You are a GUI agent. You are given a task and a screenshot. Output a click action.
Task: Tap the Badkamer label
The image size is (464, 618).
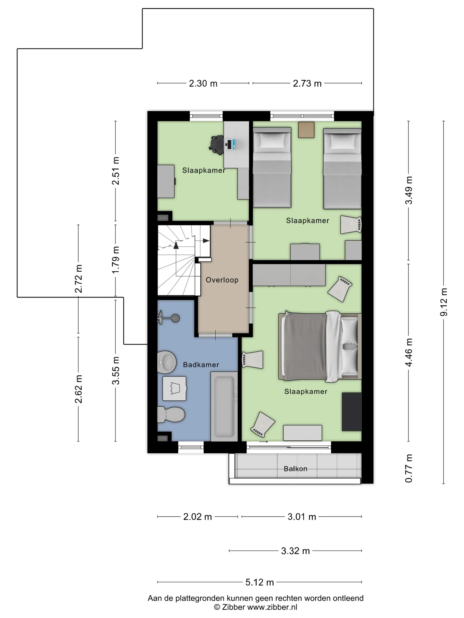[x=201, y=365]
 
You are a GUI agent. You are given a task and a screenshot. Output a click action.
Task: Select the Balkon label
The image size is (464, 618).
[x=295, y=469]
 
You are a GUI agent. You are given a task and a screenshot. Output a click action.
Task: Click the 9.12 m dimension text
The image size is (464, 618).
[x=444, y=302]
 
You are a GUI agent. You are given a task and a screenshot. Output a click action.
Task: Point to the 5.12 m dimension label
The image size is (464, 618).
[x=260, y=582]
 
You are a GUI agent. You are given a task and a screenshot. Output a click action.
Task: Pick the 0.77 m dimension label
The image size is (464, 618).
[x=409, y=469]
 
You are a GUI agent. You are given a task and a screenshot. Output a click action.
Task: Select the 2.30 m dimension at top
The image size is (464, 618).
[x=203, y=83]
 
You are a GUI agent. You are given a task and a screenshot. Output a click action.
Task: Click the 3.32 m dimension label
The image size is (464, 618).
[x=295, y=551]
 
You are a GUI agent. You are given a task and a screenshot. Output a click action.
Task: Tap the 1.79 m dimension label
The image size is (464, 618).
[x=116, y=260]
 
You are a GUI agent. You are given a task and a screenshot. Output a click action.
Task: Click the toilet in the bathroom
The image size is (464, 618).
[x=171, y=414]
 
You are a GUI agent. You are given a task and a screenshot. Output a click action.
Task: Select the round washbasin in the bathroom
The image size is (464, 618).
[x=167, y=362]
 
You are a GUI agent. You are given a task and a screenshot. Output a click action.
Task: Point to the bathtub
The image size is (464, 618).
[x=224, y=407]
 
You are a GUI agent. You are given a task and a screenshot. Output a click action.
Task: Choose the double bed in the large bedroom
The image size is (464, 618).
[x=320, y=347]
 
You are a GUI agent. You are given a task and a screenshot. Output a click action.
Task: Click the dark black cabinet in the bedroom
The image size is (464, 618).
[x=352, y=412]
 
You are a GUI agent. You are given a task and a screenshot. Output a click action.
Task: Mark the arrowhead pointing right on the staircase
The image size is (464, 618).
[x=206, y=241]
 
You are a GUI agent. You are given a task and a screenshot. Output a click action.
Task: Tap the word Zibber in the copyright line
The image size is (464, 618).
[x=234, y=607]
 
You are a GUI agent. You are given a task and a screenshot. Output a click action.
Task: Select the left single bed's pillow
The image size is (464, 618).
[x=272, y=140]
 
